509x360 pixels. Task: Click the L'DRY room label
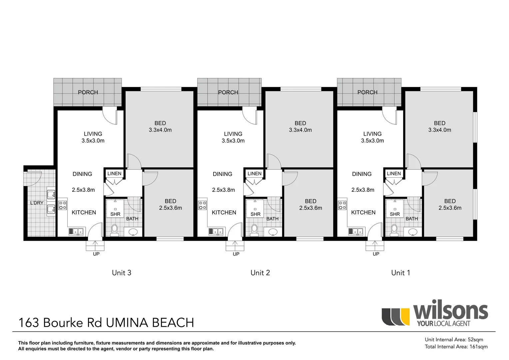(37, 203)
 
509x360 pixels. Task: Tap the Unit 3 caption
(122, 273)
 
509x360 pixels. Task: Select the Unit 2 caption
(260, 273)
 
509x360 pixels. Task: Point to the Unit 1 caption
(400, 273)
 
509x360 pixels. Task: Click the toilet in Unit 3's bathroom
(114, 229)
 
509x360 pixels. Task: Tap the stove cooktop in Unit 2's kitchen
(203, 205)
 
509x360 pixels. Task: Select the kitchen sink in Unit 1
(355, 231)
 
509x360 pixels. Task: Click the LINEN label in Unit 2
(254, 174)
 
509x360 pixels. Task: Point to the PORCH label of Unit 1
(367, 92)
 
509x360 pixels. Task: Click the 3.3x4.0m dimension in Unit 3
(160, 130)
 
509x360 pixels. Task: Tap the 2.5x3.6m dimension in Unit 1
(450, 208)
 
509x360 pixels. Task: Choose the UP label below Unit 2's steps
(236, 254)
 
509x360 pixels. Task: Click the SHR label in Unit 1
(395, 214)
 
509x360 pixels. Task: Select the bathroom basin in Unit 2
(273, 232)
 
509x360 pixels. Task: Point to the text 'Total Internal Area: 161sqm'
(456, 347)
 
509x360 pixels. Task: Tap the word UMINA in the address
(127, 323)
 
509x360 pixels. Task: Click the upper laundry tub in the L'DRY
(51, 194)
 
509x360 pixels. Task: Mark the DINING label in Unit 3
(82, 174)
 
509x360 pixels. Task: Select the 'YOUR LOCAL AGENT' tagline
(443, 323)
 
